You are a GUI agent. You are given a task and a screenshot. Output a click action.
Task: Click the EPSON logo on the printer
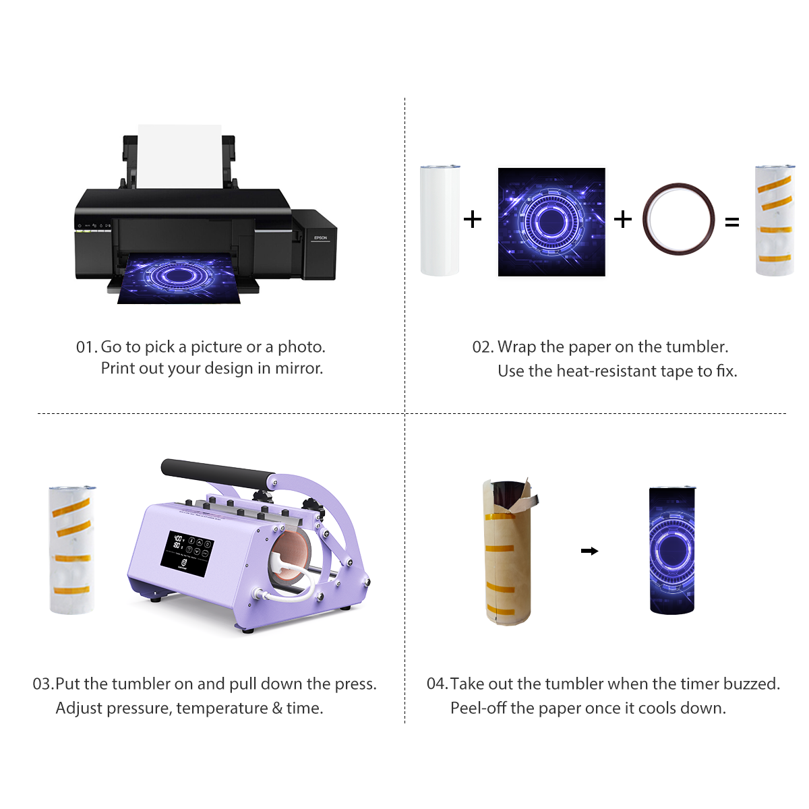click(320, 238)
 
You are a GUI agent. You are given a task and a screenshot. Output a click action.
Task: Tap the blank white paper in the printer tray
click(179, 156)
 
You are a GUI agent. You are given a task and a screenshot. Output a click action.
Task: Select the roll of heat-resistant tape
click(678, 218)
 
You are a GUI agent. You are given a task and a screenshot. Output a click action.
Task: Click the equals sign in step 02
click(732, 222)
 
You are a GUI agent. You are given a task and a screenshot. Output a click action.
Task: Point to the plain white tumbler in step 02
click(440, 220)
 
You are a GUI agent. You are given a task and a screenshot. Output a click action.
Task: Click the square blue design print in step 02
click(551, 222)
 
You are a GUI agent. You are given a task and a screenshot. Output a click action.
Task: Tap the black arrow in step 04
click(590, 551)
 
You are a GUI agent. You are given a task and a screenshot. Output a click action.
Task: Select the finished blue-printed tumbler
click(671, 550)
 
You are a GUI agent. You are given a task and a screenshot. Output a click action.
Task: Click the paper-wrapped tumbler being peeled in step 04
click(508, 553)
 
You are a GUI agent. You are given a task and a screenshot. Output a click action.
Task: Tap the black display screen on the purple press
click(187, 553)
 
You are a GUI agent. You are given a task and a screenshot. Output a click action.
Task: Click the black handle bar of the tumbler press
click(216, 471)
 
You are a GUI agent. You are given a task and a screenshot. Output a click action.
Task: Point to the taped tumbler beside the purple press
click(71, 549)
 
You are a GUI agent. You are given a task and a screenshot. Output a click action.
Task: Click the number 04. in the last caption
click(437, 684)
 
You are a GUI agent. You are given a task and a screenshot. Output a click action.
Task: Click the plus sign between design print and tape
click(623, 218)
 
